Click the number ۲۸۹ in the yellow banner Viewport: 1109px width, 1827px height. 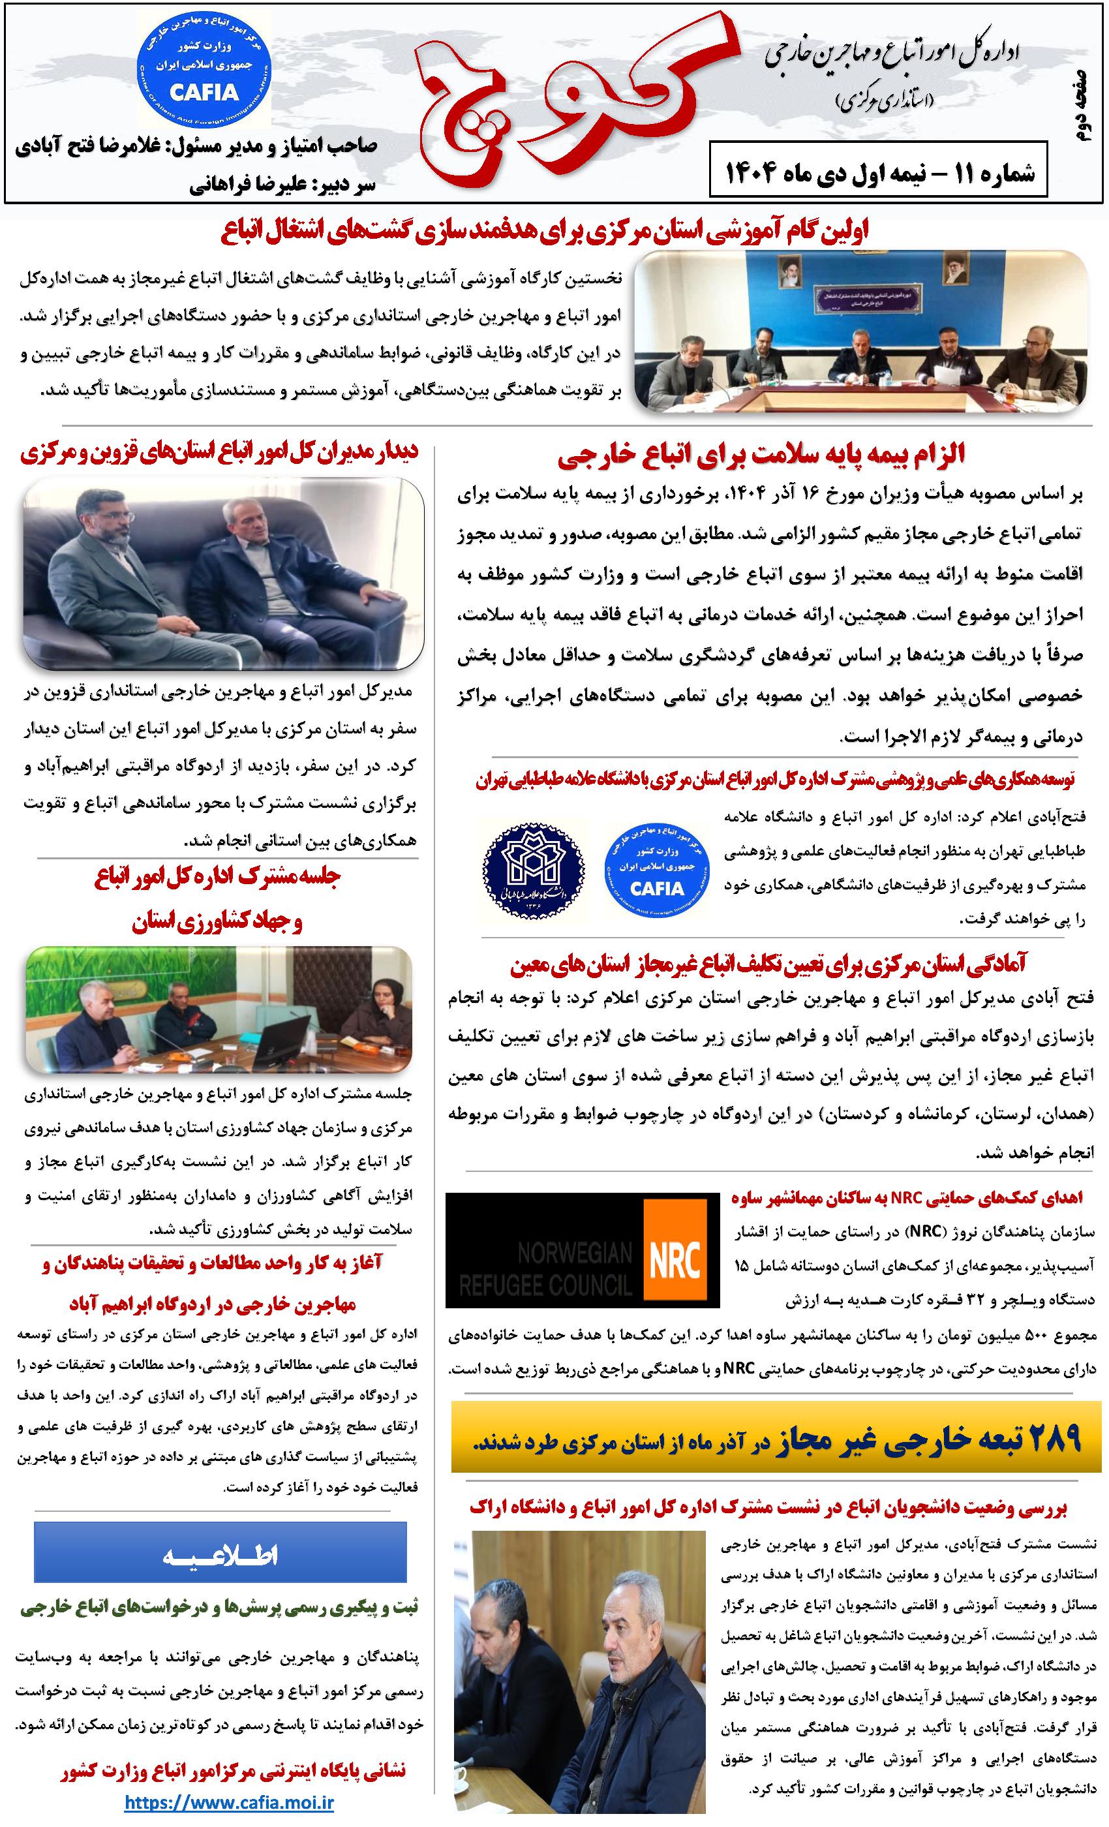pos(1045,1437)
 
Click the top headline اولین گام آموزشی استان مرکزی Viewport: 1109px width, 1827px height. pos(545,232)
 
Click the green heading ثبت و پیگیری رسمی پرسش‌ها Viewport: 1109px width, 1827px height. pos(219,1606)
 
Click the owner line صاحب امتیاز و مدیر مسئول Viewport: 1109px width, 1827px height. pos(196,146)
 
